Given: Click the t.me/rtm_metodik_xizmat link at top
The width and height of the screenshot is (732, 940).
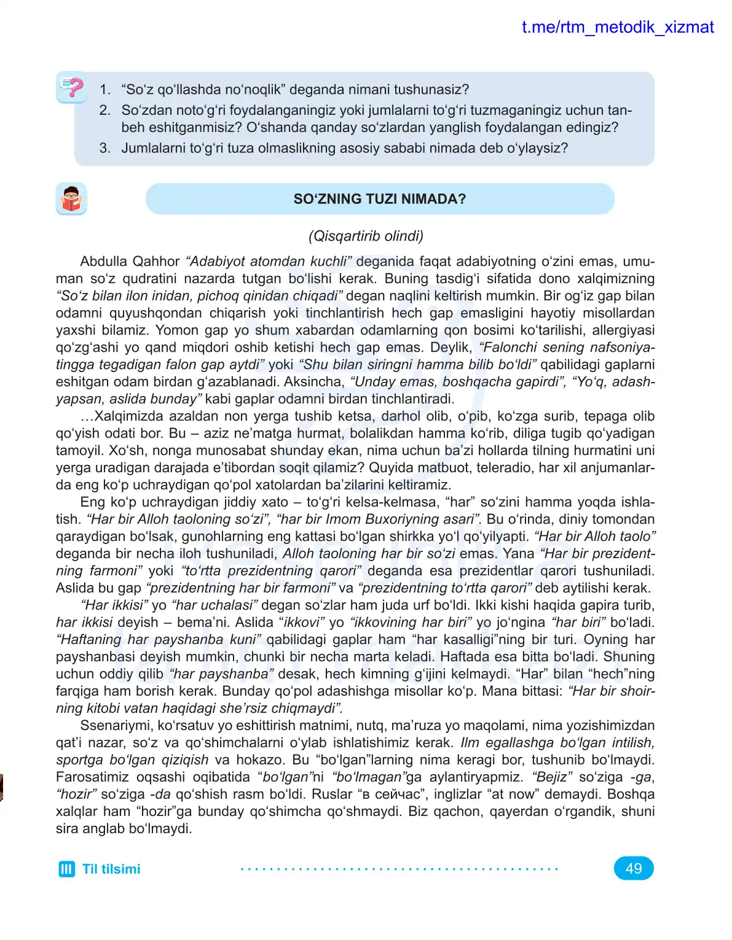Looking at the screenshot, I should click(x=617, y=28).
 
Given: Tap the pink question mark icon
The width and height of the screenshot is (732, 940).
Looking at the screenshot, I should click(x=72, y=88).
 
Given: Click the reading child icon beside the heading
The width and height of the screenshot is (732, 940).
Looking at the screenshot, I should click(x=71, y=199).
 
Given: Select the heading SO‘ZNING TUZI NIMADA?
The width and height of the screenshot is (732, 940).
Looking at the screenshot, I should click(x=379, y=199).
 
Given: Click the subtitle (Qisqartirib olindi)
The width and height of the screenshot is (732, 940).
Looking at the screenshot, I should click(x=366, y=236).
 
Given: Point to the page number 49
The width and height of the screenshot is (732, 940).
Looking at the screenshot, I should click(x=633, y=868).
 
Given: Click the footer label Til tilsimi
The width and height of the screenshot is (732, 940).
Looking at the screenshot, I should click(x=111, y=869).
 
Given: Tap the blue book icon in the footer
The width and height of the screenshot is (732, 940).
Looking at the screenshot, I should click(x=66, y=869).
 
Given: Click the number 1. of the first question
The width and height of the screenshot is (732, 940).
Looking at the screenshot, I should click(x=105, y=90).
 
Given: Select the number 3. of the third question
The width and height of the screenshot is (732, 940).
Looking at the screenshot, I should click(x=105, y=148).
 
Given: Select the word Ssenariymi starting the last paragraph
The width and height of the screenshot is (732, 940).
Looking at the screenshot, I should click(x=117, y=725).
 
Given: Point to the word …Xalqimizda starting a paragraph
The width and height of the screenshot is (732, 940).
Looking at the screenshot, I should click(x=117, y=416).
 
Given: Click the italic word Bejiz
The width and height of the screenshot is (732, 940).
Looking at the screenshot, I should click(x=552, y=777).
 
